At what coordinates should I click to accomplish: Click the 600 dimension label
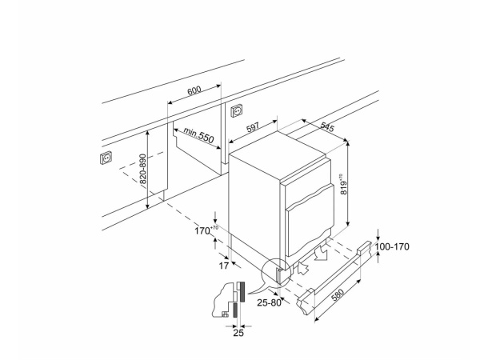coord(194,90)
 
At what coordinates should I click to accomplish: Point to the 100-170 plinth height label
coord(392,247)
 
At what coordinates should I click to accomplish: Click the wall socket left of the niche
coord(105,157)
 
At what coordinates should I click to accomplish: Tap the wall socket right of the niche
coord(236,110)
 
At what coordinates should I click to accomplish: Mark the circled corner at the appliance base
coord(276,274)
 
